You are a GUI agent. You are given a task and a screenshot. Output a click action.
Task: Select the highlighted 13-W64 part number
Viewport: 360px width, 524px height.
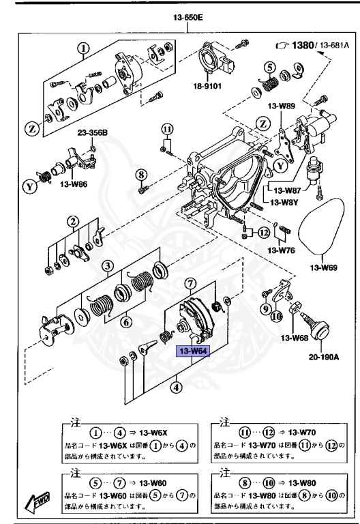pyautogui.click(x=194, y=352)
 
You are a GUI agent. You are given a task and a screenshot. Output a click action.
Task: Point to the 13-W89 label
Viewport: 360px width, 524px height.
pyautogui.click(x=281, y=106)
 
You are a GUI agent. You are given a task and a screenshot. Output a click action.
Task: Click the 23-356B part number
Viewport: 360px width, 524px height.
pyautogui.click(x=92, y=132)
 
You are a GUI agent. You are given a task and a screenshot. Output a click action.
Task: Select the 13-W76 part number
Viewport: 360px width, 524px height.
pyautogui.click(x=281, y=250)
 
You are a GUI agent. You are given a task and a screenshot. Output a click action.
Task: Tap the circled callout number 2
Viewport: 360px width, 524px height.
pyautogui.click(x=72, y=221)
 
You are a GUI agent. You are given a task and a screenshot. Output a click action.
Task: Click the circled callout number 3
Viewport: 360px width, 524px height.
pyautogui.click(x=108, y=265)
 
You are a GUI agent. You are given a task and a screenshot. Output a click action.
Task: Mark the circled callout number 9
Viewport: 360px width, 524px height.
pyautogui.click(x=265, y=307)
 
